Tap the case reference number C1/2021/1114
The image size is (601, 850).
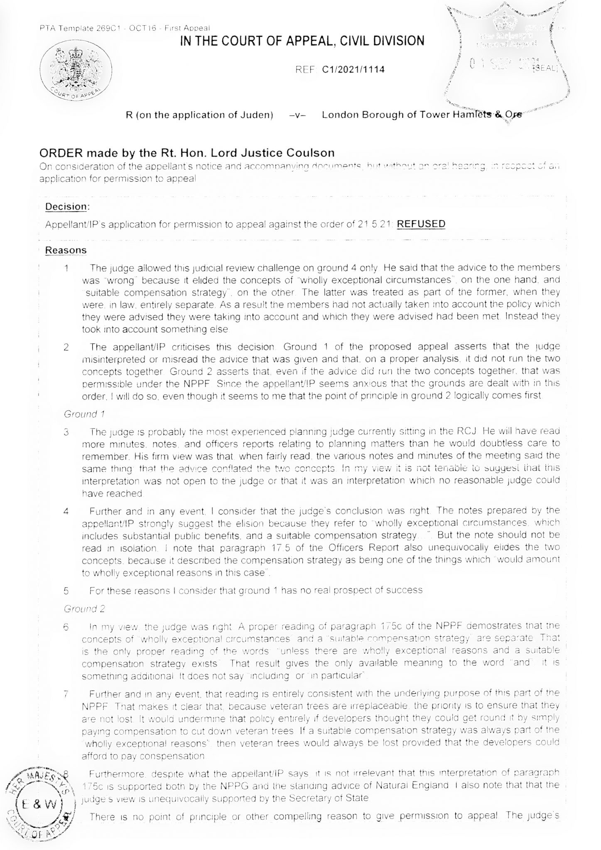point(353,69)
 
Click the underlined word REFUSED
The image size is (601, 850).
point(421,224)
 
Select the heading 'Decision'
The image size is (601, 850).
point(66,207)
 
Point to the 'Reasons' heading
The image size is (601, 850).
point(66,250)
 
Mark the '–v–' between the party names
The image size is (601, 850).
point(297,115)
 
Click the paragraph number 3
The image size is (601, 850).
point(66,432)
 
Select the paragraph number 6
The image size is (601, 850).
point(66,626)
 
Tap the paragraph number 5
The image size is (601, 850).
point(66,590)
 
